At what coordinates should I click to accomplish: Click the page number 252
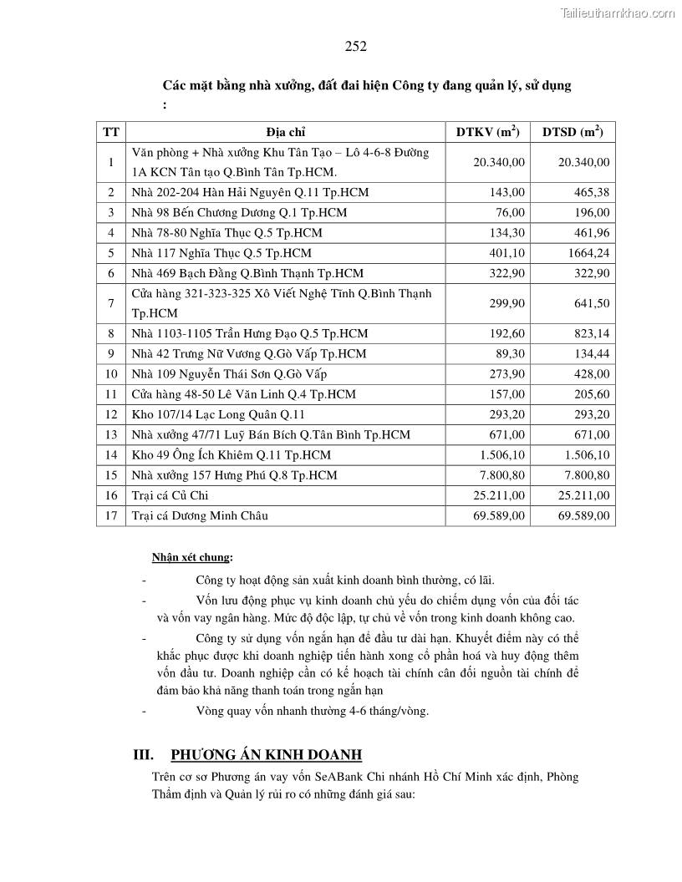355,47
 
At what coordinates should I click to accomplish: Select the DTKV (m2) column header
487,132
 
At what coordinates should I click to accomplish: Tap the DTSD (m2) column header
573,132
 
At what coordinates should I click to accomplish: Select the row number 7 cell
111,303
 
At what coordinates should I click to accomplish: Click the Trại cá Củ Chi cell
170,495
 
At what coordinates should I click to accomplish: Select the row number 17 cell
111,515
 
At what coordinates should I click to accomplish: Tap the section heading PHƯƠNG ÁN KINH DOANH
267,755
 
